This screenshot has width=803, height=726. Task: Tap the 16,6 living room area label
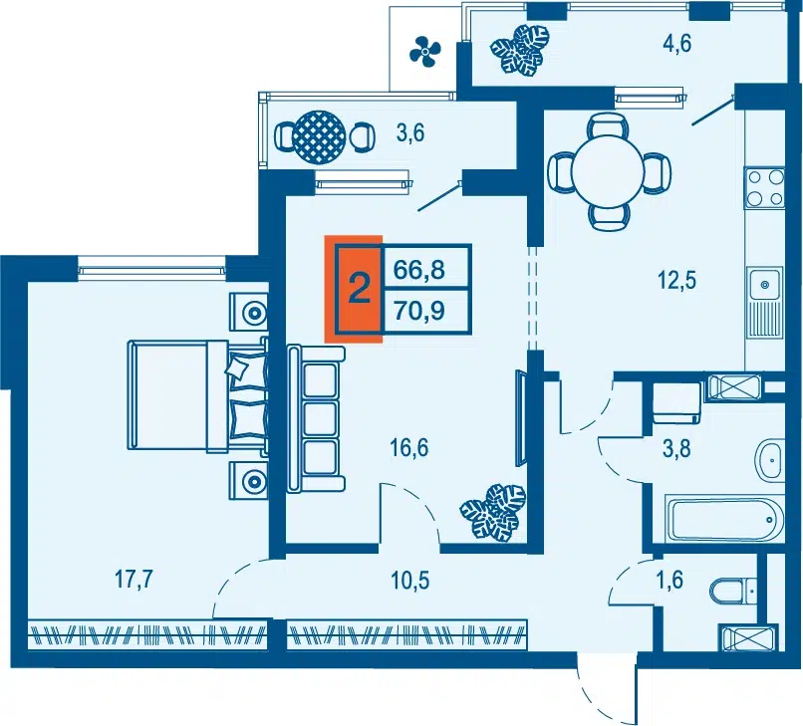pos(409,448)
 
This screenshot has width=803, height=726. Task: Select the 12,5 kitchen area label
pos(677,281)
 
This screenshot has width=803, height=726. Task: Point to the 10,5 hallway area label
pos(410,581)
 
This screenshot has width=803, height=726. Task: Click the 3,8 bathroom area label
pos(677,448)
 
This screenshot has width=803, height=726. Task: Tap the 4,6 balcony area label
pos(677,43)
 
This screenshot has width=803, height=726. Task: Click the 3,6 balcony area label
pos(410,133)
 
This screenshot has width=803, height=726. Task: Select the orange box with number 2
pos(354,288)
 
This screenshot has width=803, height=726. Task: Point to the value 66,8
pos(419,269)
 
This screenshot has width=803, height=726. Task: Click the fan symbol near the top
pos(425,49)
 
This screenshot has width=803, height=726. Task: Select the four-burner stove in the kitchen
pos(765,188)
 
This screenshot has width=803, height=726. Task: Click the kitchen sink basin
pos(764,284)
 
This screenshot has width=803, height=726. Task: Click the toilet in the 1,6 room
pos(733,591)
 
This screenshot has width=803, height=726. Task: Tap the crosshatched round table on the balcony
pos(319,136)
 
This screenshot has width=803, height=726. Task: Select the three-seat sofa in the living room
pos(316,419)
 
